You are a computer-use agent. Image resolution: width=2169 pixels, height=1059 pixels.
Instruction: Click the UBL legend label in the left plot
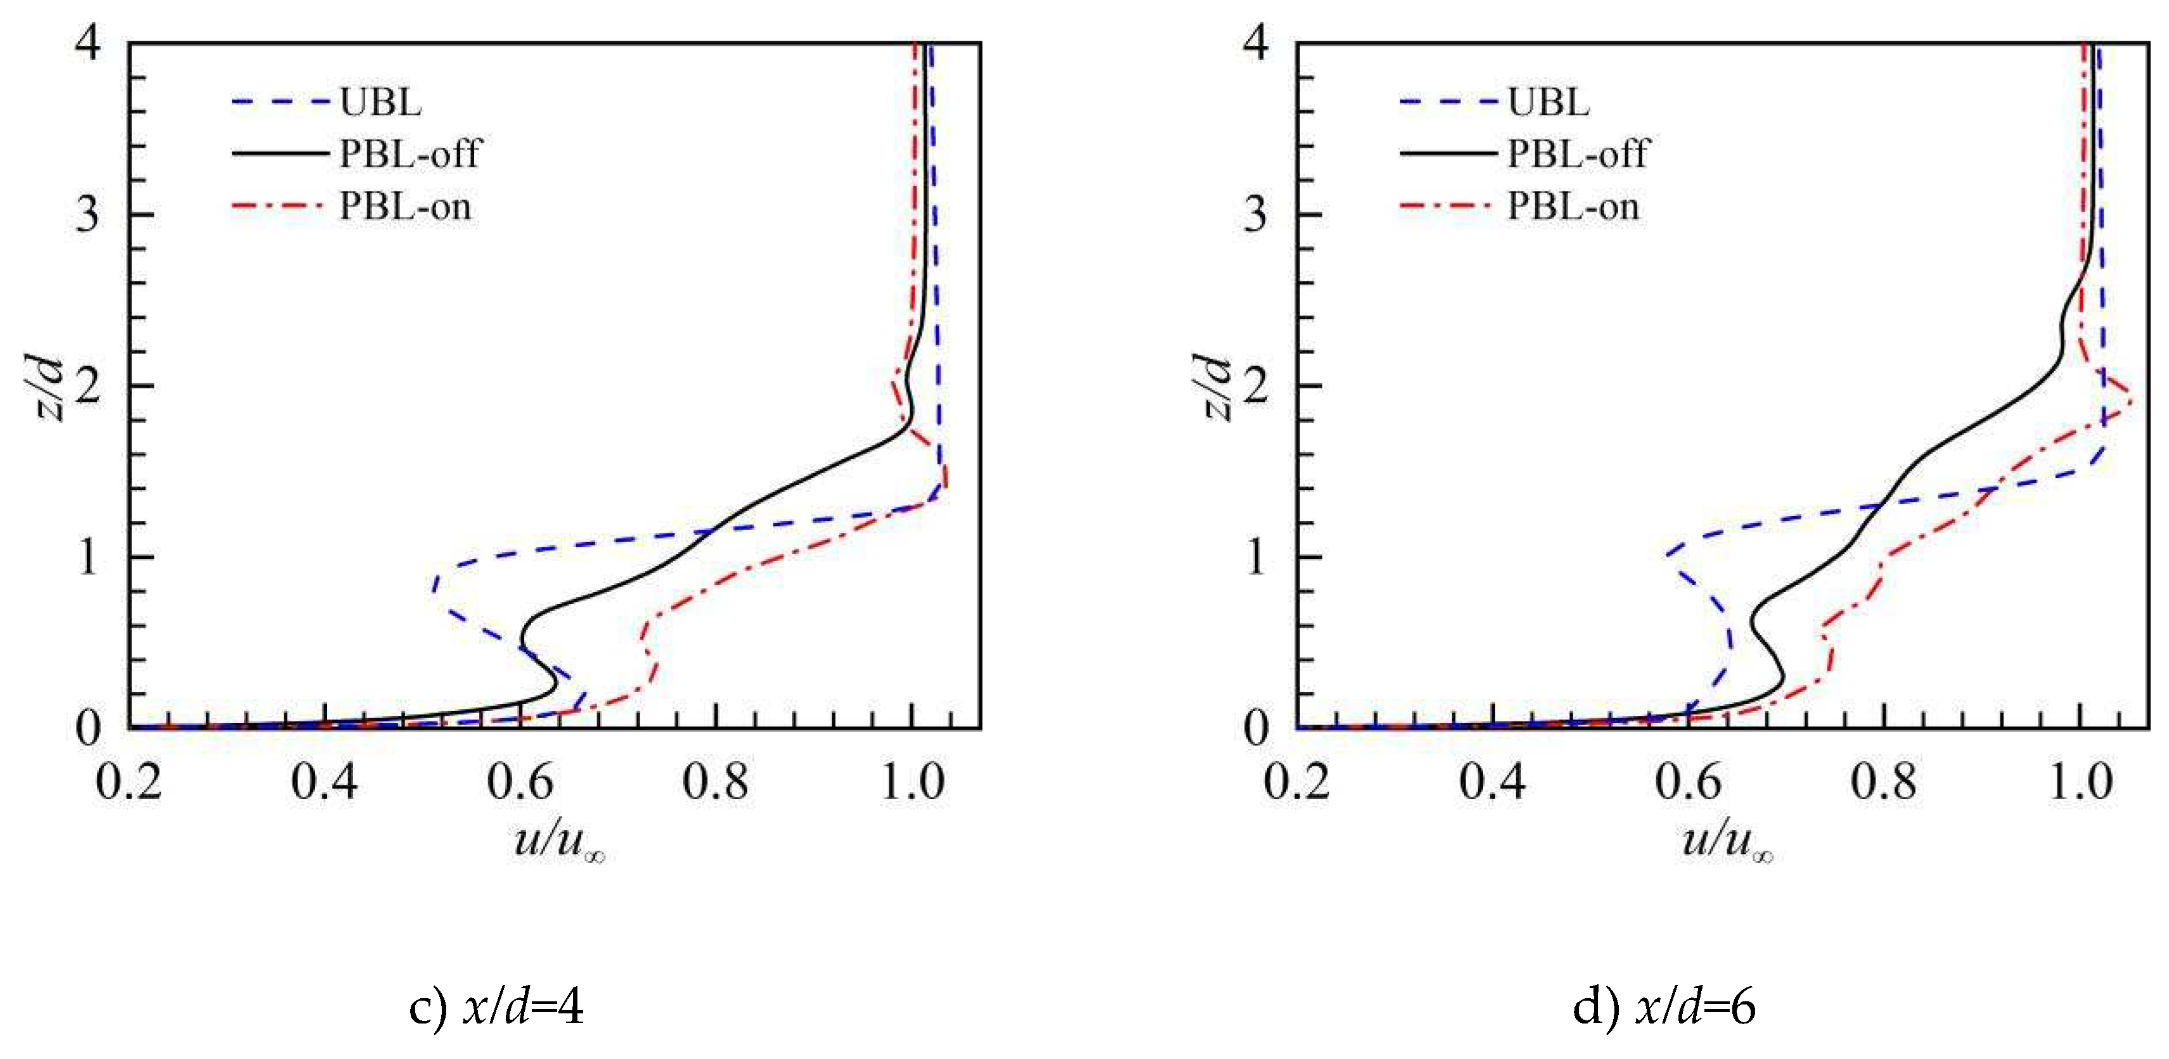click(380, 102)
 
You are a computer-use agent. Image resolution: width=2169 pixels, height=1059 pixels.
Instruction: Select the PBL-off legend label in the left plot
click(409, 154)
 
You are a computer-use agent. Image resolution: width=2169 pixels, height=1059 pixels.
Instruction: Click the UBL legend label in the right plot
click(1548, 102)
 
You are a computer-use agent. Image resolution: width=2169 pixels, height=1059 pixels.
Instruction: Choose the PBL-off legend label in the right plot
click(1577, 154)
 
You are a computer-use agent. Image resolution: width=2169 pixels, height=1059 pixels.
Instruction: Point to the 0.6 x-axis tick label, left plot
click(520, 782)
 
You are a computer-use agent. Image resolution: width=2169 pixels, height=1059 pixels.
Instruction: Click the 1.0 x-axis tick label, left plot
click(912, 782)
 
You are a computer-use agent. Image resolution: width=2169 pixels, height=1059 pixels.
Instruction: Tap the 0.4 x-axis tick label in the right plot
click(1492, 782)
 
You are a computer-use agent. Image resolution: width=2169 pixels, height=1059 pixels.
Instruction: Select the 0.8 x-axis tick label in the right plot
click(1884, 782)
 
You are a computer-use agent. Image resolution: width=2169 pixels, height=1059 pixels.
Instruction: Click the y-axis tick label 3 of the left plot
click(87, 215)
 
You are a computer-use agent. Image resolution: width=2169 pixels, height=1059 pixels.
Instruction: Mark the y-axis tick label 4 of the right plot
click(1256, 42)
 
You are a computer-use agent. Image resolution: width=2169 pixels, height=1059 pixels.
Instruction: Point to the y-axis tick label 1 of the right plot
click(1256, 557)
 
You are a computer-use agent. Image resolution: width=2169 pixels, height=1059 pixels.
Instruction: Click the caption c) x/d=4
click(496, 1007)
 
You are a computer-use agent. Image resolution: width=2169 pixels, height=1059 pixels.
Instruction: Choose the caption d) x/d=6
click(1664, 1007)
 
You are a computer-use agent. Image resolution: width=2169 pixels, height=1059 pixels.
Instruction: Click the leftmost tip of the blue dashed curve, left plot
click(433, 589)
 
